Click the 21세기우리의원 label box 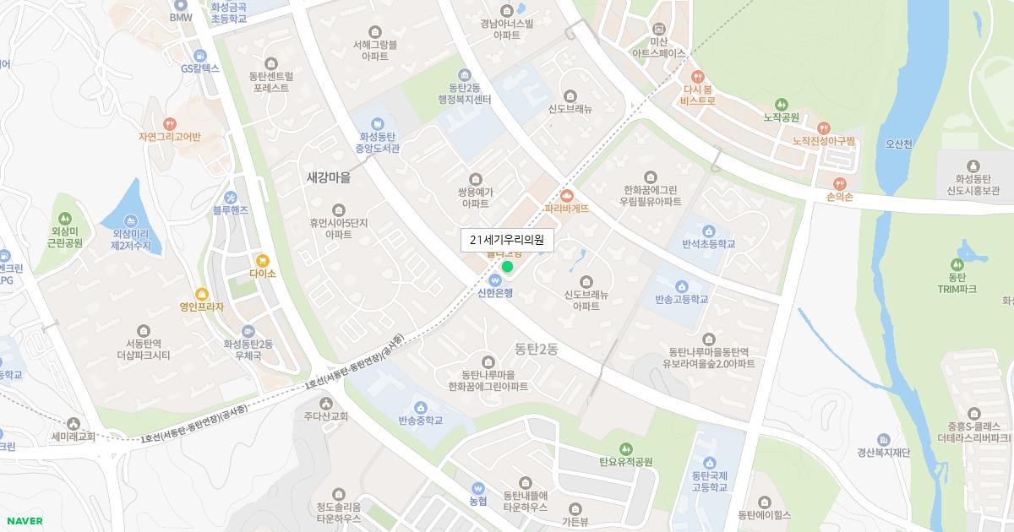pyautogui.click(x=507, y=241)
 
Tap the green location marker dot pyautogui.click(x=507, y=267)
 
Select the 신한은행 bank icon pyautogui.click(x=495, y=280)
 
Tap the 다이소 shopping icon pyautogui.click(x=263, y=260)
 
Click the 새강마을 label pyautogui.click(x=328, y=177)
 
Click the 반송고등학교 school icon pyautogui.click(x=681, y=285)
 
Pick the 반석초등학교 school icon pyautogui.click(x=708, y=231)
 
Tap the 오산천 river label pyautogui.click(x=898, y=144)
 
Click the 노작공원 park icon pyautogui.click(x=781, y=104)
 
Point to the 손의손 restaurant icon pyautogui.click(x=840, y=183)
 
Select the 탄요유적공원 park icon pyautogui.click(x=626, y=448)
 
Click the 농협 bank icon pyautogui.click(x=478, y=487)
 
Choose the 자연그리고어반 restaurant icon pyautogui.click(x=170, y=123)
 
